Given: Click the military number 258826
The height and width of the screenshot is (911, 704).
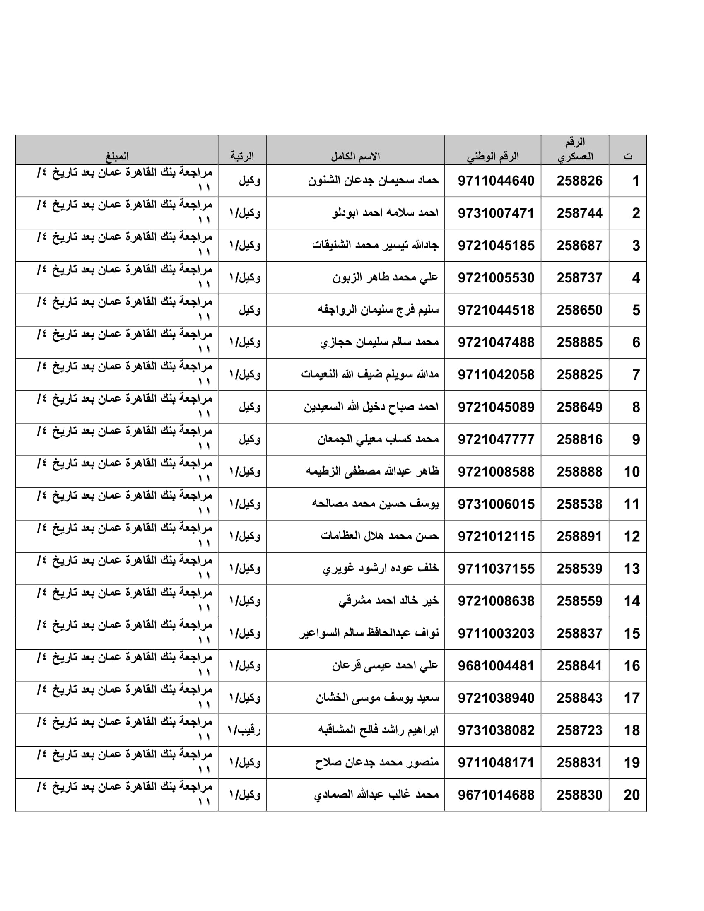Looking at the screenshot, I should [x=579, y=181].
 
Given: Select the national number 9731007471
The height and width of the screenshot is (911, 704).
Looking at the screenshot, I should [x=496, y=213].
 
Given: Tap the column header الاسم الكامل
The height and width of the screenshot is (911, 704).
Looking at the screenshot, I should [x=355, y=157].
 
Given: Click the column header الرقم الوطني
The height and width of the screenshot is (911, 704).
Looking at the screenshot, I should [x=492, y=157].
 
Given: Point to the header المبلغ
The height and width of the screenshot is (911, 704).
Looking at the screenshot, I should [x=117, y=157].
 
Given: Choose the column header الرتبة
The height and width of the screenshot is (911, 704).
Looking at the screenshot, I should [x=242, y=157].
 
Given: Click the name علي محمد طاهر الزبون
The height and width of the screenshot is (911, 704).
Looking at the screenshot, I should [x=385, y=277].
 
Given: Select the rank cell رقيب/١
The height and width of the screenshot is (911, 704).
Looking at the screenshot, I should [x=244, y=730].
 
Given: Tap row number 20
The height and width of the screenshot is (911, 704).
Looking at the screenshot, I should [x=632, y=795].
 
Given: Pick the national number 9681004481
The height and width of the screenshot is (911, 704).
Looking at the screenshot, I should [x=496, y=666].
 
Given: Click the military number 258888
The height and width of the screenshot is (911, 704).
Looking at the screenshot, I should [x=579, y=472].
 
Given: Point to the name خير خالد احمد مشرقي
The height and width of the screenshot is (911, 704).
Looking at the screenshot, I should [x=388, y=601].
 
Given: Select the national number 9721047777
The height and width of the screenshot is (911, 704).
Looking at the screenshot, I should [x=496, y=439].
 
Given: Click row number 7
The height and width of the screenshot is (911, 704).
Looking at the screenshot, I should [x=635, y=375].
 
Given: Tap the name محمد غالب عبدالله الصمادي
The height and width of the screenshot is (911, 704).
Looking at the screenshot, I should [x=376, y=795].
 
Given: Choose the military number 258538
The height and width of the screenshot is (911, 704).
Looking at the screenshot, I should [x=579, y=504].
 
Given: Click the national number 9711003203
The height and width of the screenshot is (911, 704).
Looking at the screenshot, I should [x=496, y=633].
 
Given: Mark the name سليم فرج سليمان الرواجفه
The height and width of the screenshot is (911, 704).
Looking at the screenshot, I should [x=378, y=310].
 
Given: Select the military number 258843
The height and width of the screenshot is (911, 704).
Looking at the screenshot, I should [x=579, y=698].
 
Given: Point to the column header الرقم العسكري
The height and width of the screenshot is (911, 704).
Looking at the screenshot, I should [x=575, y=149].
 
